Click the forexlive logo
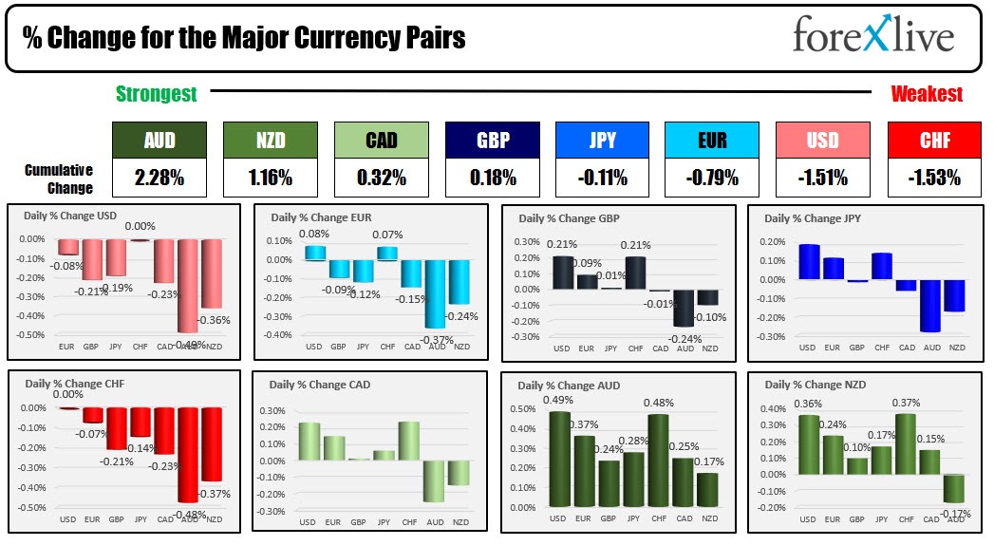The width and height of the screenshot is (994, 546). (x=872, y=36)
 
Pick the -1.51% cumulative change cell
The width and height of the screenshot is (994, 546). (x=822, y=177)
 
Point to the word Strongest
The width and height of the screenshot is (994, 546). (x=157, y=94)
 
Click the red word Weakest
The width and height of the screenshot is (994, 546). (x=927, y=94)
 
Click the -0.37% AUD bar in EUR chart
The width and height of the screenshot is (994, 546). (x=437, y=293)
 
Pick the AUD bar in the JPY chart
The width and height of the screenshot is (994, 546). (x=931, y=305)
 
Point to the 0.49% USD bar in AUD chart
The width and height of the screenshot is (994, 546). (x=560, y=459)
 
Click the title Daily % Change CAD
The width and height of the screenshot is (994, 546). (x=320, y=385)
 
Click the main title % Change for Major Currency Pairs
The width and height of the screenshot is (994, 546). (x=244, y=38)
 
